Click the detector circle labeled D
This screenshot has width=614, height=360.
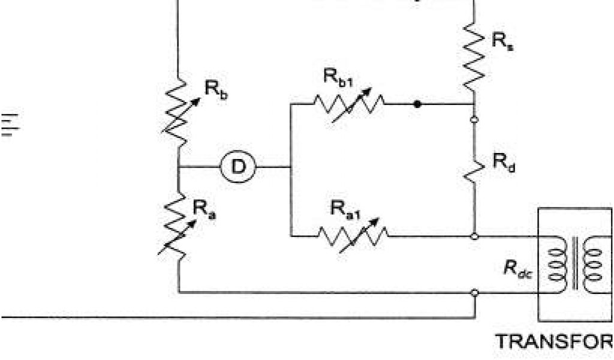[x=239, y=167]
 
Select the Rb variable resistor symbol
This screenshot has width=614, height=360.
[x=179, y=112]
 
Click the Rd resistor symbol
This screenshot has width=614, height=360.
[x=474, y=169]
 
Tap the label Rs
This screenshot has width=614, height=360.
[x=502, y=42]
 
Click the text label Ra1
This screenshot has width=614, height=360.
[x=344, y=209]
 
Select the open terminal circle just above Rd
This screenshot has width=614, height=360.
[x=474, y=119]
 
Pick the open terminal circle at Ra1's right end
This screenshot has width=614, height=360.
[x=474, y=236]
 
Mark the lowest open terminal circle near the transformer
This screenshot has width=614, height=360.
[x=474, y=293]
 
